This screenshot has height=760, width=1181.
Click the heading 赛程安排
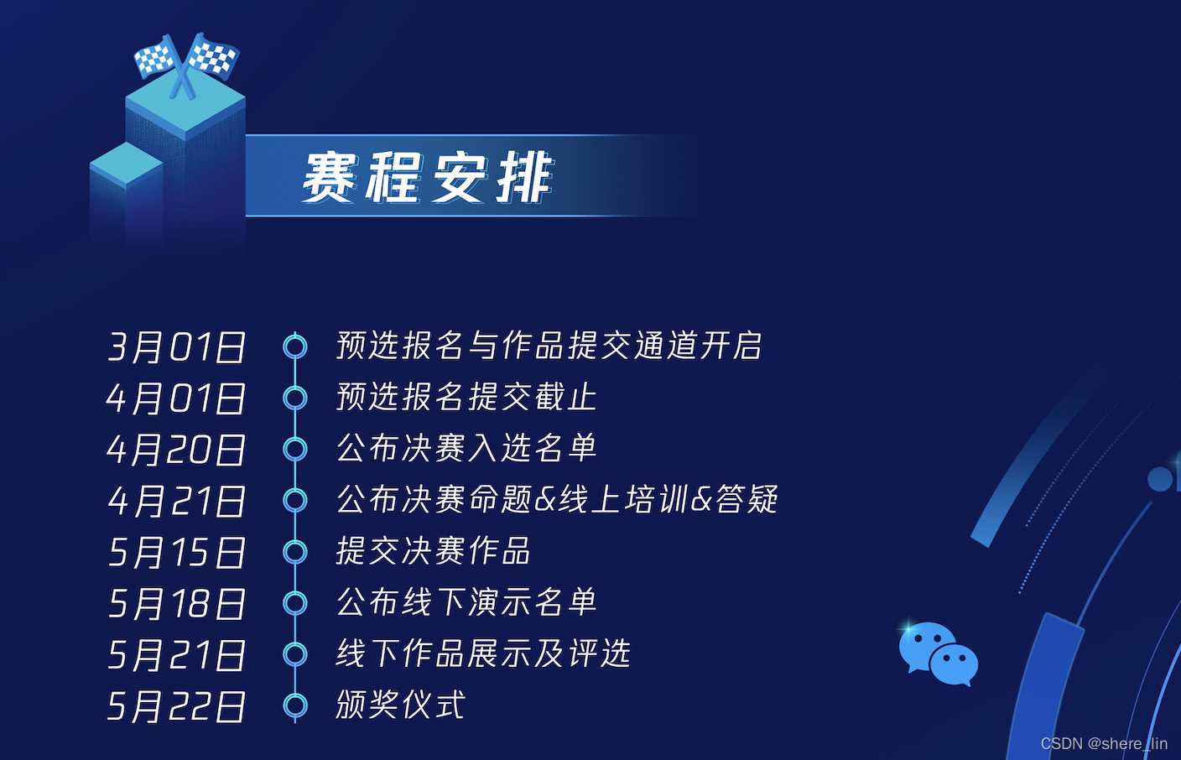click(427, 177)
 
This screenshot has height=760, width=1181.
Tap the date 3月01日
click(176, 347)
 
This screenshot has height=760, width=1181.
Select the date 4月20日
click(176, 450)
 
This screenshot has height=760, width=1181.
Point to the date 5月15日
click(176, 552)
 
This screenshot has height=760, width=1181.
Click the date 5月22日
click(176, 706)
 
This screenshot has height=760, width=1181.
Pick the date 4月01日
click(176, 398)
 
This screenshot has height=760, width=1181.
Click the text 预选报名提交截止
click(466, 397)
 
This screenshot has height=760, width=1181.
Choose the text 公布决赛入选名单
click(466, 448)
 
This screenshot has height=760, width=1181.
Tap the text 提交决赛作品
click(434, 550)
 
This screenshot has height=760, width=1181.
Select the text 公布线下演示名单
click(466, 601)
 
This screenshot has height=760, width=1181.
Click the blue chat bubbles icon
click(939, 654)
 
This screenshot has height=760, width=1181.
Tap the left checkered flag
click(155, 57)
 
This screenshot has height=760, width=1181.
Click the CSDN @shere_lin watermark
click(1104, 744)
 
